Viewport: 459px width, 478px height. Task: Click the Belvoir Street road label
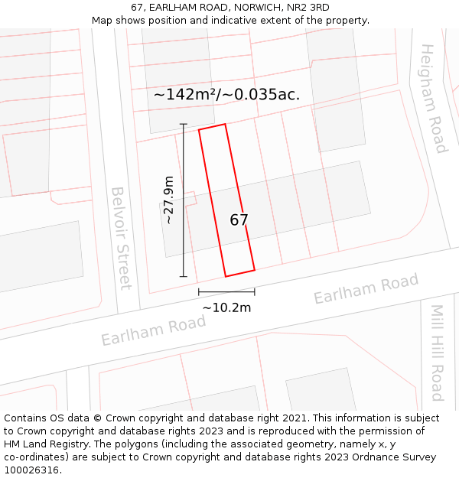point(121,238)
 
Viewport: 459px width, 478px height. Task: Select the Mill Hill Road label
point(437,353)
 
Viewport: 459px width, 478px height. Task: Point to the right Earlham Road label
point(366,288)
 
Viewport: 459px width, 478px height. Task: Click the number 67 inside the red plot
point(239,220)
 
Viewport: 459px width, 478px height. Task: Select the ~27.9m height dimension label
point(169,200)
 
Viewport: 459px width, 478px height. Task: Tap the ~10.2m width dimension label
point(226,307)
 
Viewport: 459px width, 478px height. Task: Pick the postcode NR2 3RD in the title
point(309,8)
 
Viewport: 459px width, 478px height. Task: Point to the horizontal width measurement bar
point(226,291)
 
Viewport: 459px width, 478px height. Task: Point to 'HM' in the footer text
point(13,444)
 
